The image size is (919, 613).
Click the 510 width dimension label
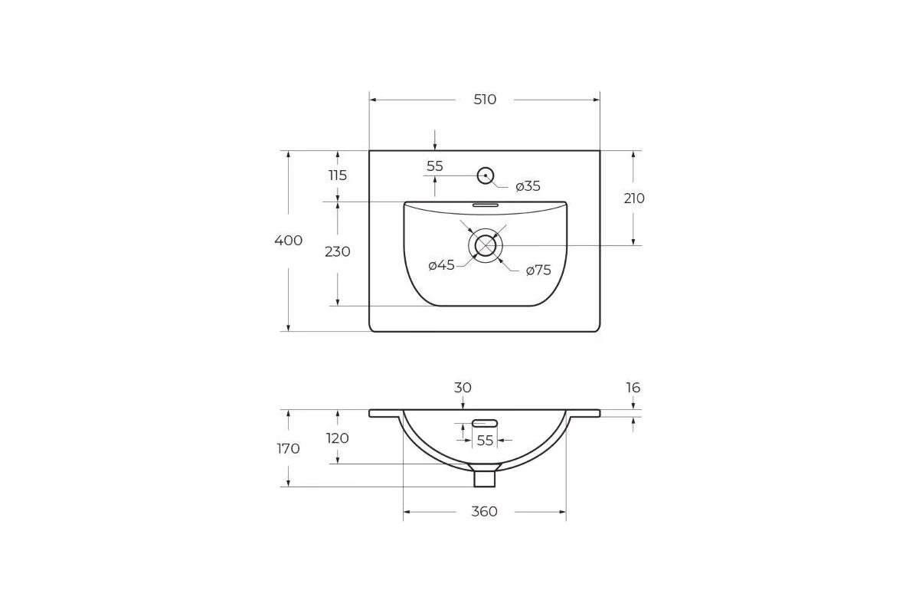coord(485,100)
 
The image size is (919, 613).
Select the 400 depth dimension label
coord(289,240)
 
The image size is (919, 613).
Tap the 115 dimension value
coord(338,175)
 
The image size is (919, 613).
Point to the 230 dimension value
coord(338,251)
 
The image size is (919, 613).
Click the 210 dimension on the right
coord(634,198)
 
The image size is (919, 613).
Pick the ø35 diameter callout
coord(528,186)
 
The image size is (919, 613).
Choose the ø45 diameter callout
coord(441,265)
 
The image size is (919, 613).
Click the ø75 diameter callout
coord(538,270)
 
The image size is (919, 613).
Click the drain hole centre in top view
coord(486,245)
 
